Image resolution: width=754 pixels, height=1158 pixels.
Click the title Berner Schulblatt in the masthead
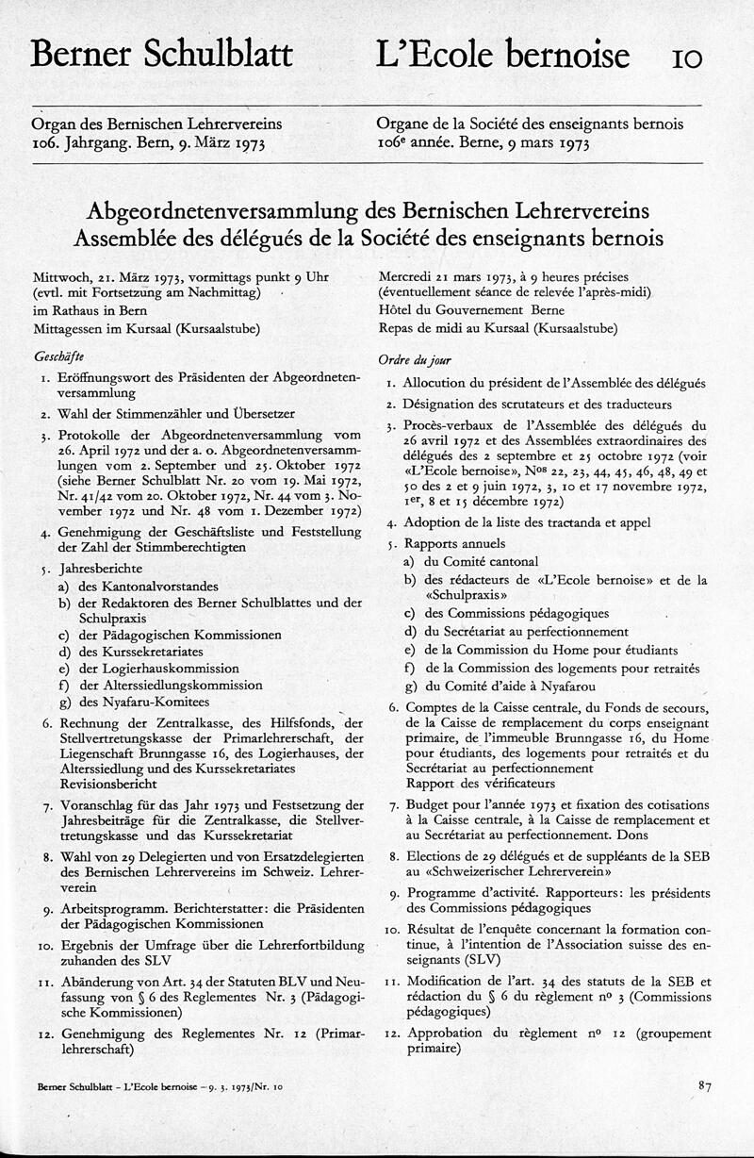point(161,55)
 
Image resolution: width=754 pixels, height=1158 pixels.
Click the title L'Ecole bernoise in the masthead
point(501,55)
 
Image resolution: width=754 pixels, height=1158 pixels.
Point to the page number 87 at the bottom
point(705,1086)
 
